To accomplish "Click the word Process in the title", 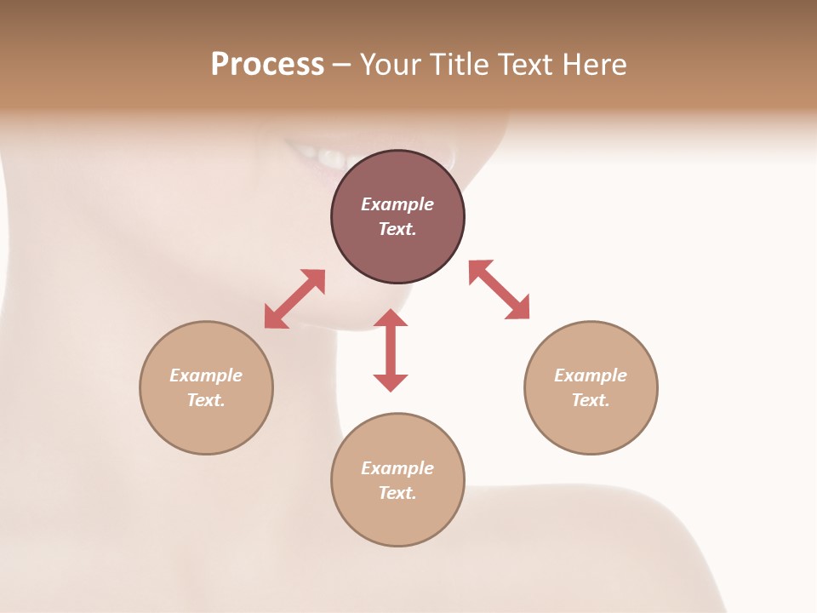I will [x=267, y=65].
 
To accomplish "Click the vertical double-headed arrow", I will [x=391, y=350].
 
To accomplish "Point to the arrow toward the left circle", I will [x=294, y=299].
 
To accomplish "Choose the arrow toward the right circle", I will [x=499, y=289].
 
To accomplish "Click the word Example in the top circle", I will [x=397, y=204].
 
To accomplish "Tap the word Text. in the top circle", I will [x=397, y=229].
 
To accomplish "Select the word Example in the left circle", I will [x=206, y=375].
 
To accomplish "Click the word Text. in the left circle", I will [x=206, y=400].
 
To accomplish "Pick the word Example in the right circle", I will [x=591, y=375].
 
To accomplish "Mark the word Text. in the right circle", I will [x=591, y=400].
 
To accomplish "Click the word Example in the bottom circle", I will [x=397, y=468].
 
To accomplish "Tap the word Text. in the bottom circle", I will [x=397, y=493].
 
